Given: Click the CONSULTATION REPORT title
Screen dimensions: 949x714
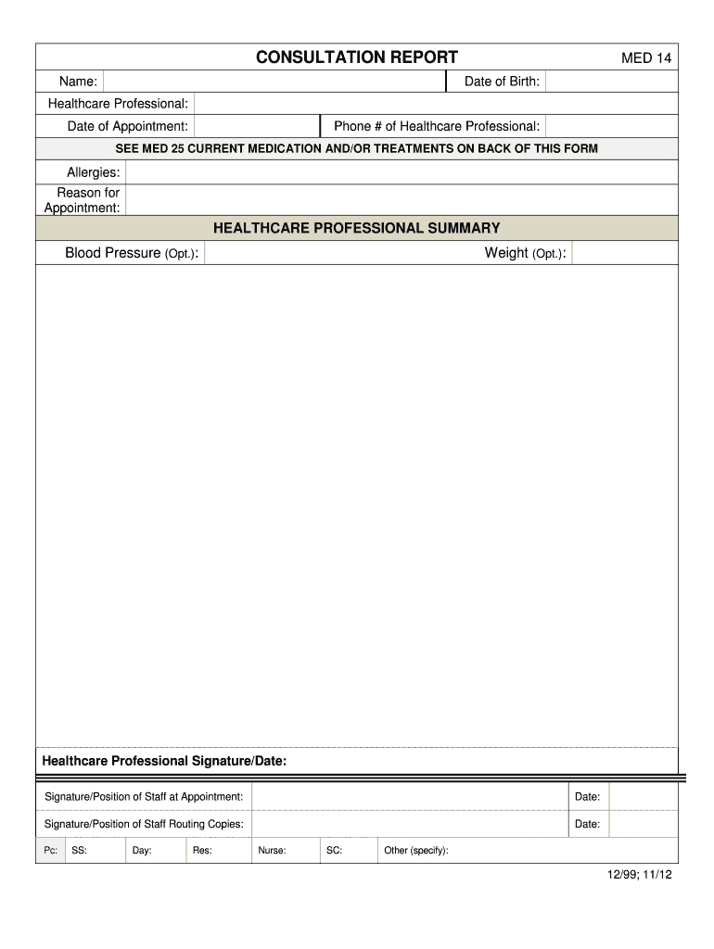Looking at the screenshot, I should tap(356, 57).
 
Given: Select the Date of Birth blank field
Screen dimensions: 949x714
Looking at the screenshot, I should tap(611, 82).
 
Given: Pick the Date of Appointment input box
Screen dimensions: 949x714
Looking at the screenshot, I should tap(257, 126).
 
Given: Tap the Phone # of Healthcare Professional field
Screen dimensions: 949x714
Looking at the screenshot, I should tap(611, 126).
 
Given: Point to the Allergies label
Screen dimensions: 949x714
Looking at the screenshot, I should tap(93, 172).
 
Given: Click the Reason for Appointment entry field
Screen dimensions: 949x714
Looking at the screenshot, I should tap(402, 199).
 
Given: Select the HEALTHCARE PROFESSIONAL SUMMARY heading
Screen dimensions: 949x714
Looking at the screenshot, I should tap(356, 228).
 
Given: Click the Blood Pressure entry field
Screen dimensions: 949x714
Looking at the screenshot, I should tap(329, 253).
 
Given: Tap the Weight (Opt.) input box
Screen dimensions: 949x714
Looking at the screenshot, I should tap(624, 253).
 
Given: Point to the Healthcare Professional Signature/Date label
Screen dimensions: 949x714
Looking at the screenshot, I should tap(165, 761).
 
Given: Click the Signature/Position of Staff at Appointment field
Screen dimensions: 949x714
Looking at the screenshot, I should tap(409, 797).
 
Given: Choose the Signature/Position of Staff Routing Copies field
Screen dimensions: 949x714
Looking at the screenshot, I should tap(409, 824).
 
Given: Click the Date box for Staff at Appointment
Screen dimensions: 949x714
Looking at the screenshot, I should tap(643, 797).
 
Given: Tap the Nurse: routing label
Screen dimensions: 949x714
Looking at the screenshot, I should tap(272, 851).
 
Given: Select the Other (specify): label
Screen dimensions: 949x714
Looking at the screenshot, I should tap(416, 851).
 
